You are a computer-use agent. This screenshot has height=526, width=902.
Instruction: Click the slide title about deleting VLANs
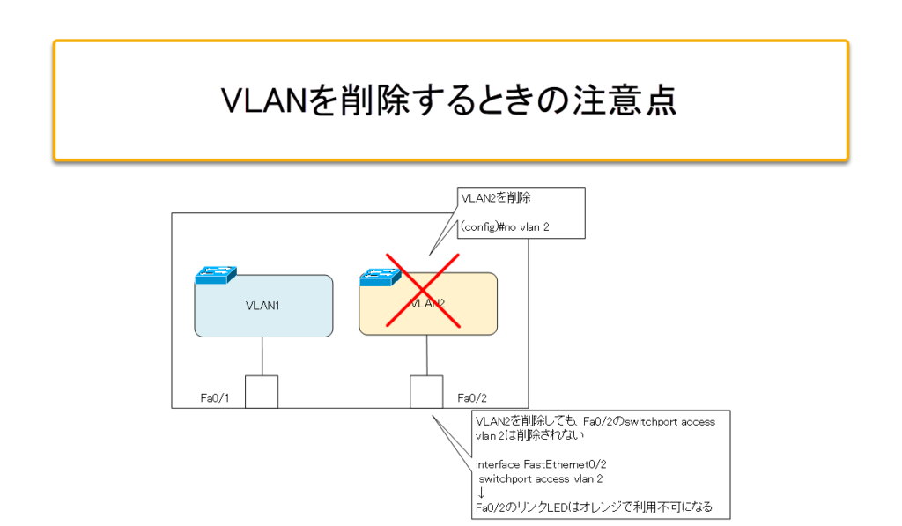(449, 100)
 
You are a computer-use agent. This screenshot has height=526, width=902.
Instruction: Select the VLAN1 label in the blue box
(262, 307)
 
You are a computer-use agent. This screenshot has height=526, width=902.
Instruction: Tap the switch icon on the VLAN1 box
(215, 274)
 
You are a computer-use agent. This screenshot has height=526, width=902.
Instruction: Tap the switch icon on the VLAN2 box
(380, 278)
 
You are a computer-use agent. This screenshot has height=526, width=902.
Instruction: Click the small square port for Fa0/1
(262, 392)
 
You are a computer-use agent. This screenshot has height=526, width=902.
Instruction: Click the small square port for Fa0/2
(427, 392)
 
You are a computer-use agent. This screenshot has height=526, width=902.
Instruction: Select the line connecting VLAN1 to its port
(262, 356)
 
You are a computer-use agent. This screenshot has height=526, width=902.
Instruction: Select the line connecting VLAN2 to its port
(427, 355)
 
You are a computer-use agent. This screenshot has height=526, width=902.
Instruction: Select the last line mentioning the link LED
(593, 507)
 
